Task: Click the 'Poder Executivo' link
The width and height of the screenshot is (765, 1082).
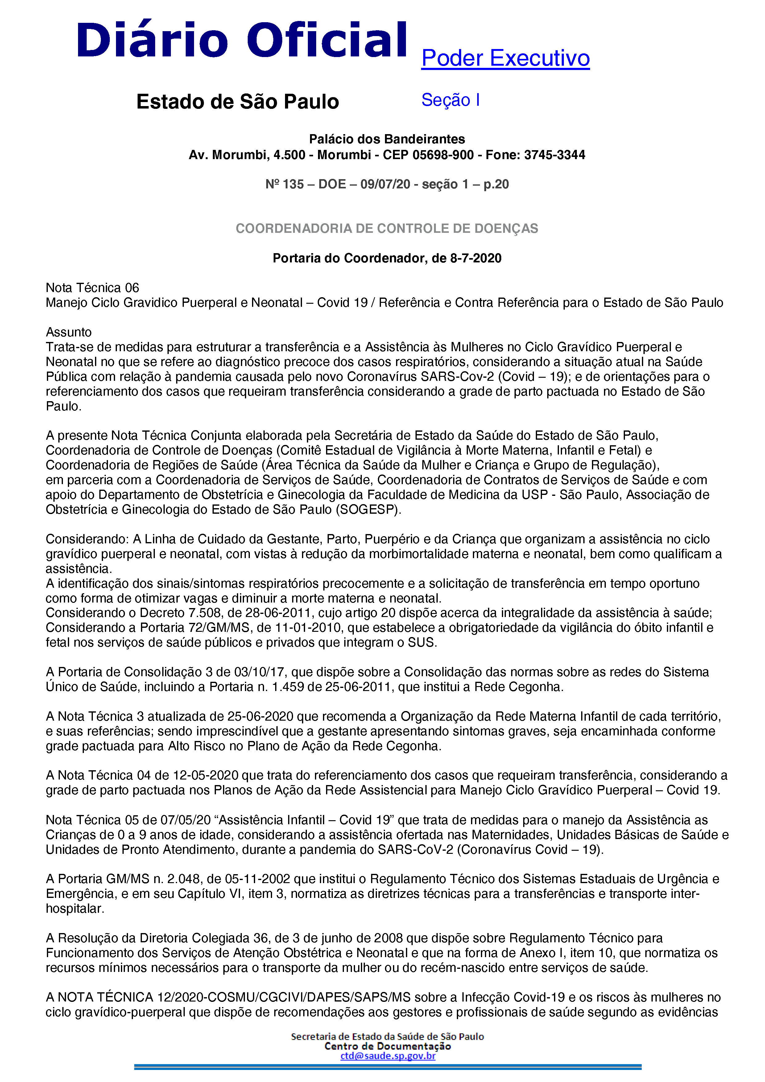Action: point(505,59)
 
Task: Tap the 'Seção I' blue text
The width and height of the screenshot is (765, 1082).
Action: point(450,100)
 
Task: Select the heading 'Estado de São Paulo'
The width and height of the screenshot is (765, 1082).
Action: point(238,102)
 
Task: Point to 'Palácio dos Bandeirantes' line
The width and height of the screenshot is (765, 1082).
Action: point(387,139)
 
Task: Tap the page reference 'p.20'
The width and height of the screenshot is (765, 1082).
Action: point(496,184)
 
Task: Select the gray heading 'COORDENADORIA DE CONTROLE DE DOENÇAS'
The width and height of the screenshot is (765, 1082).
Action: point(387,228)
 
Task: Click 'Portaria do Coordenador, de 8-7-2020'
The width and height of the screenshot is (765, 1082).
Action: point(387,258)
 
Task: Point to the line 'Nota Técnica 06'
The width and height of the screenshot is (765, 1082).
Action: point(92,288)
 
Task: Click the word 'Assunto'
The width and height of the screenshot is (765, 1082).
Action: point(69,332)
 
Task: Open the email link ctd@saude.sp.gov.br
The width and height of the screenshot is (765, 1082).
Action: point(387,1055)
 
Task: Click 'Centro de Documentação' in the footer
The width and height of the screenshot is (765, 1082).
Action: point(387,1046)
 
